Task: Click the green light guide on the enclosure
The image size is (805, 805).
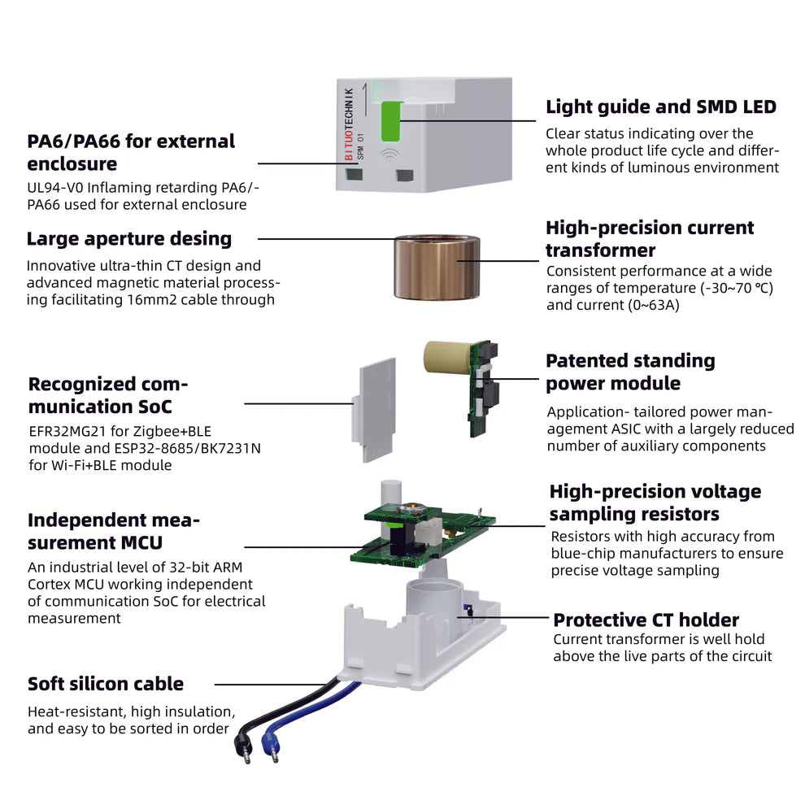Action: click(x=389, y=120)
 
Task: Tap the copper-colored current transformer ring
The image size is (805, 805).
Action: click(x=436, y=266)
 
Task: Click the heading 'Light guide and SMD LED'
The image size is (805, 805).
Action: click(x=660, y=107)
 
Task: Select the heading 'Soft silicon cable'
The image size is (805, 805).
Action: click(x=106, y=684)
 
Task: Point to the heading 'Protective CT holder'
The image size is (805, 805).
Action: click(x=646, y=620)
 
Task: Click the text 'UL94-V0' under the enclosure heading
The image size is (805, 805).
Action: click(x=55, y=188)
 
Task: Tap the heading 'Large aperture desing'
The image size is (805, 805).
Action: click(x=128, y=239)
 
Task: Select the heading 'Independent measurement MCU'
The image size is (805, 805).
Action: click(x=114, y=531)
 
